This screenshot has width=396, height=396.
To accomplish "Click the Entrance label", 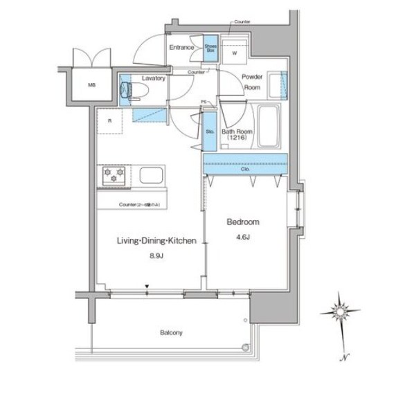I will click(x=183, y=48).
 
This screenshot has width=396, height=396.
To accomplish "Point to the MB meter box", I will click(x=91, y=86).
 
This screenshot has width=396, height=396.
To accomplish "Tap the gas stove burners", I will click(x=114, y=175).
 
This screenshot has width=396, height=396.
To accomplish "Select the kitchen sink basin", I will click(x=151, y=175).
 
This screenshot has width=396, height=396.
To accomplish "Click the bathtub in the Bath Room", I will click(x=267, y=126).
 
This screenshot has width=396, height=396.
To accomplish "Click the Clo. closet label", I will click(x=245, y=168).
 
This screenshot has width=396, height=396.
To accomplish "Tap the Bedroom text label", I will click(x=244, y=222).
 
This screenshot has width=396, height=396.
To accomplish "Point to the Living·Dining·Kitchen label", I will click(x=150, y=241).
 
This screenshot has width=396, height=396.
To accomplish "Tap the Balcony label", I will click(x=172, y=333).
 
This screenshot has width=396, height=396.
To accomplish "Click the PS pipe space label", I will click(x=203, y=102).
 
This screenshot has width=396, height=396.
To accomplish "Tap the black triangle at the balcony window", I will click(x=146, y=285).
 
